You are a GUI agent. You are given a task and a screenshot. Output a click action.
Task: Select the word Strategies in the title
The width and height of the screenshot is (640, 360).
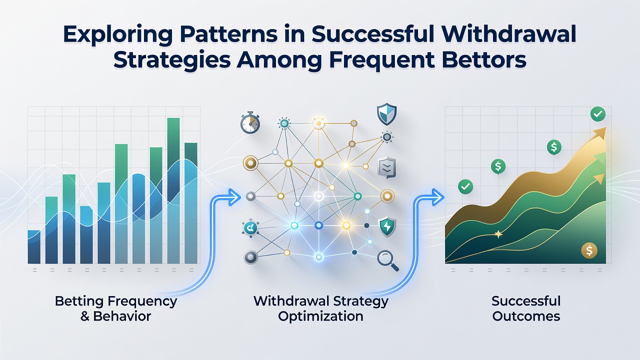click(172, 60)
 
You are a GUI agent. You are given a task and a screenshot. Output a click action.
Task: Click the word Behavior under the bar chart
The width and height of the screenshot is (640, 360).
click(122, 316)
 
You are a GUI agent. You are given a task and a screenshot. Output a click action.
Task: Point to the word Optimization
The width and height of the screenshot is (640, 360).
click(320, 316)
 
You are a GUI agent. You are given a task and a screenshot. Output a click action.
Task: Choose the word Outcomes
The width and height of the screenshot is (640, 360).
click(526, 316)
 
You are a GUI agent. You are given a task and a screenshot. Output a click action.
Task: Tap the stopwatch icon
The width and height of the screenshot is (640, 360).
click(250, 122)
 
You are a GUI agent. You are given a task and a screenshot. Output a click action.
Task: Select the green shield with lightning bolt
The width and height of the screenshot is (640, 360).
click(387, 226)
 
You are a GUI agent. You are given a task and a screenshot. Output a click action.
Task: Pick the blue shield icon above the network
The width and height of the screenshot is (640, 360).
click(386, 114)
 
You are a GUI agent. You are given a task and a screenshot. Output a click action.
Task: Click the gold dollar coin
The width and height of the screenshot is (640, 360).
click(589, 250)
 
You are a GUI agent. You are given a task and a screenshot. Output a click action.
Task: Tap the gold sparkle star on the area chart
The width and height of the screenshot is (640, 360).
click(498, 234)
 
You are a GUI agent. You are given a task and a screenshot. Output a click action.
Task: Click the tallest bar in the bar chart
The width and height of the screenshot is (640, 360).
click(173, 190)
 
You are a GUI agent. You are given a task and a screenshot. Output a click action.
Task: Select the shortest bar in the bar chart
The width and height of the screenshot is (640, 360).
click(34, 247)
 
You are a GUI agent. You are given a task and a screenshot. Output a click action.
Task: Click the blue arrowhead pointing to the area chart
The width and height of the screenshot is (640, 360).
click(437, 197)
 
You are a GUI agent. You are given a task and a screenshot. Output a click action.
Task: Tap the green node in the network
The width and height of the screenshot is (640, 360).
click(357, 196)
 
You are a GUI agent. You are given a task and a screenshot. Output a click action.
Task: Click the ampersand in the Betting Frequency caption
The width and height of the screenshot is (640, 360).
click(84, 316)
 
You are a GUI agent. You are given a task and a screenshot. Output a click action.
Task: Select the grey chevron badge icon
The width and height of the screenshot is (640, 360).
click(387, 167)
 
